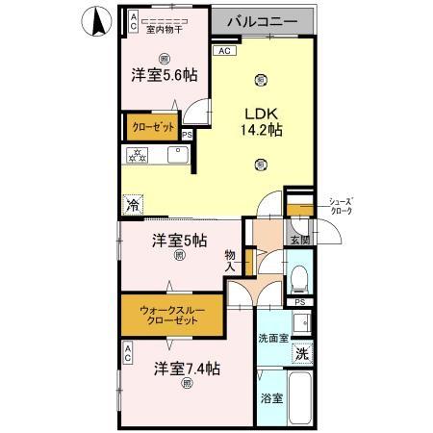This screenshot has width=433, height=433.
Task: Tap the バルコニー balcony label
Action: coord(267,20)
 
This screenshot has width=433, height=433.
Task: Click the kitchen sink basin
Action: coord(179,155)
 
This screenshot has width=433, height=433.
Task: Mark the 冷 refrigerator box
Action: coord(133,203)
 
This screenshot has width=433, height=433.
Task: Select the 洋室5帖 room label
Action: coord(179,241)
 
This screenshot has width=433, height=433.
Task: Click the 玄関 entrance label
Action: coord(299,240)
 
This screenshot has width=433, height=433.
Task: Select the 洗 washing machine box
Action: coord(302,353)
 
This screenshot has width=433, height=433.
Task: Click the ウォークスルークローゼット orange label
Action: coord(170,315)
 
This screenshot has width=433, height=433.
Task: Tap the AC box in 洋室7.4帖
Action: coord(127,355)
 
